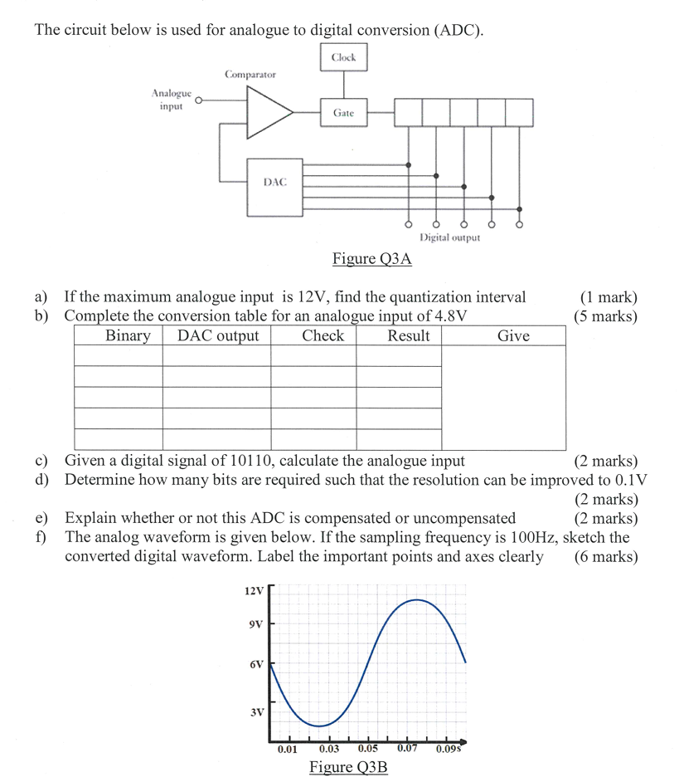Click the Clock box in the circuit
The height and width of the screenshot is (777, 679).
pos(343,57)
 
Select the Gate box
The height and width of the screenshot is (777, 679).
pos(343,112)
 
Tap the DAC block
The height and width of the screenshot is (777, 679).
pos(275,182)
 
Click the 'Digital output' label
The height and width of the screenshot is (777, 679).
pos(449,237)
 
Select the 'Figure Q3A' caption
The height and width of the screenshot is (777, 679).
pos(372,259)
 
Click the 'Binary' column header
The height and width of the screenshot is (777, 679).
pos(128,335)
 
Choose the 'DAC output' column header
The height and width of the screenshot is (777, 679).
pos(218,335)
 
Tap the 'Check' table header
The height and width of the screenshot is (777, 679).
pos(323,335)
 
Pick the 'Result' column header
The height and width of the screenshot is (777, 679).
pos(408,335)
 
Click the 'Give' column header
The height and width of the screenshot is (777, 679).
pos(513,335)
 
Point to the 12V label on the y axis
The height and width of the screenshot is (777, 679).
pos(254,591)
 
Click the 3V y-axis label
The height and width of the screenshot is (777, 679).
pos(256,712)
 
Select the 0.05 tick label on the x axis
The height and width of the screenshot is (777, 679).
pos(368,749)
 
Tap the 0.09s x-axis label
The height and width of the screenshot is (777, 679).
pos(449,749)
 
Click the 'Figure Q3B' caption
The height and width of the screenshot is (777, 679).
pos(348,766)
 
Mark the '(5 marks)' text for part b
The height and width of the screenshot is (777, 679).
pos(605,316)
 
